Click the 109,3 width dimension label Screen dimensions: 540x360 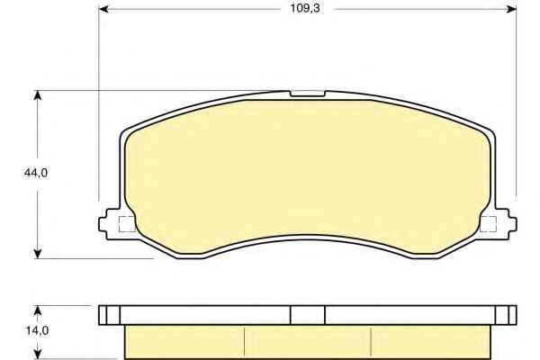(x=305, y=8)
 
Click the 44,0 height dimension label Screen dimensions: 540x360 (x=36, y=173)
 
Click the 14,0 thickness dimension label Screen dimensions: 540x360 (x=37, y=330)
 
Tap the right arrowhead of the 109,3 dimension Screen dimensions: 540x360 (x=511, y=9)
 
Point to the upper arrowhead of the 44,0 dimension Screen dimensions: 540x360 (x=38, y=96)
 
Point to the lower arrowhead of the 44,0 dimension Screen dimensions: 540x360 (x=38, y=253)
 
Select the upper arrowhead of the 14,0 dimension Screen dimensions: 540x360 (x=38, y=310)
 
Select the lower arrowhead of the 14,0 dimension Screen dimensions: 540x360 (x=38, y=354)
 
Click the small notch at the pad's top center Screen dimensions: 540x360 (x=308, y=94)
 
